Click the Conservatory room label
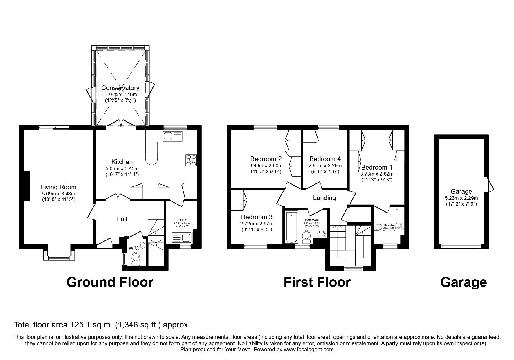pos(120,88)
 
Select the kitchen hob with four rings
pos(191,160)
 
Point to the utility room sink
pos(182,238)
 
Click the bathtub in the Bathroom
pos(291,227)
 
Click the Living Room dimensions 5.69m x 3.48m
pos(58,194)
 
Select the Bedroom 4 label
pos(325,159)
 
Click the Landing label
pos(324,198)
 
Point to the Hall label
pos(122,219)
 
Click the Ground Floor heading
pos(110,282)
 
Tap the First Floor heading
pos(317,282)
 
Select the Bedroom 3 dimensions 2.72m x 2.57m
pos(257,224)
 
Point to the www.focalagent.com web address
pos(309,350)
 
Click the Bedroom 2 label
pos(266,159)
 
